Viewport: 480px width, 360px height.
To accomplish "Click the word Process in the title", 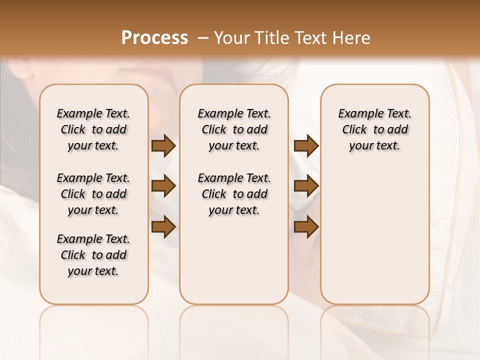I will (x=154, y=38).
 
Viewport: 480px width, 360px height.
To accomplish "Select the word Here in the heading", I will (x=351, y=38).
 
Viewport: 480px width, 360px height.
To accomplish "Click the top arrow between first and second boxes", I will (x=163, y=146).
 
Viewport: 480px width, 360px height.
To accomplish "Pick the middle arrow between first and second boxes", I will (x=163, y=186).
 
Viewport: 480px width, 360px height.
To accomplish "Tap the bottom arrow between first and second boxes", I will (x=163, y=226).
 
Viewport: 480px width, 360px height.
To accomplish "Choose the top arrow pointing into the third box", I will (x=306, y=146).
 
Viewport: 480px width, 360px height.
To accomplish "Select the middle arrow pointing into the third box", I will (x=306, y=186).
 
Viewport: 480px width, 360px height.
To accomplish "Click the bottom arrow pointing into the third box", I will (x=306, y=226).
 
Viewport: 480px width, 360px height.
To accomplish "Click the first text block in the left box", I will (x=93, y=129).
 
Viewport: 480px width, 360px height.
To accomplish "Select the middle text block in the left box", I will (x=93, y=194).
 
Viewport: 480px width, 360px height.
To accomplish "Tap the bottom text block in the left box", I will (x=93, y=255).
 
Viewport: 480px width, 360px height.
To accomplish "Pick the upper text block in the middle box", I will (x=234, y=129).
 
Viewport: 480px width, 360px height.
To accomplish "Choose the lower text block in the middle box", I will (x=234, y=194).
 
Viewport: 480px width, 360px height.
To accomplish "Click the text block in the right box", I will (x=375, y=129).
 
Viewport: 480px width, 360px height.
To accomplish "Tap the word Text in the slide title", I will (x=308, y=38).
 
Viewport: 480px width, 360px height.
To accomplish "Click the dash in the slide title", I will (x=203, y=38).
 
